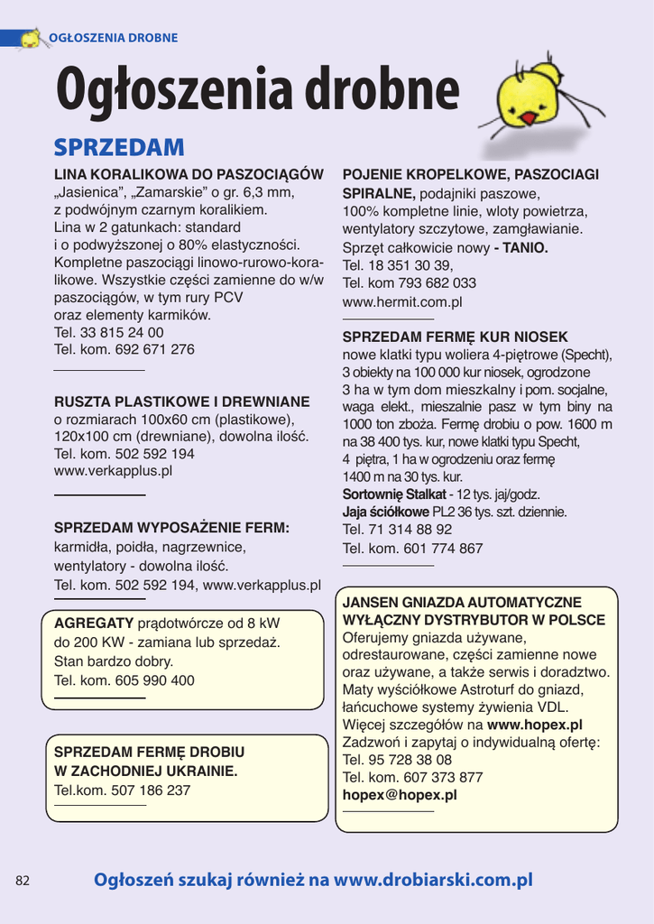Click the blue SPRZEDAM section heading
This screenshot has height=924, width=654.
[x=119, y=147]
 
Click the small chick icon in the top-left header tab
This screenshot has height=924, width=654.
[x=31, y=39]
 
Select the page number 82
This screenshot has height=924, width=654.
[x=23, y=881]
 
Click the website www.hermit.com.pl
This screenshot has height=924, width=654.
[x=402, y=302]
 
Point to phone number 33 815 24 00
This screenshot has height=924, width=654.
[x=123, y=332]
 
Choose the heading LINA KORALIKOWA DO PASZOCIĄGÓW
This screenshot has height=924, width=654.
[x=189, y=174]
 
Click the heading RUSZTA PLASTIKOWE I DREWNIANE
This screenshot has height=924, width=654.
[x=181, y=402]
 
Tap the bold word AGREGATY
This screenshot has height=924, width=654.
[x=94, y=624]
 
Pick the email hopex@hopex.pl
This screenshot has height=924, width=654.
[x=400, y=795]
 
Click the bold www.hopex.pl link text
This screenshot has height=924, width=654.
[x=535, y=725]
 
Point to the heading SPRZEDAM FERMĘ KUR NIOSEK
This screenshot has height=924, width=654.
[x=456, y=337]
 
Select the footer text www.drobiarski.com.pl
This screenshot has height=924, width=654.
[x=434, y=880]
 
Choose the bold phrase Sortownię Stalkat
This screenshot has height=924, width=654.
[x=394, y=494]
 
